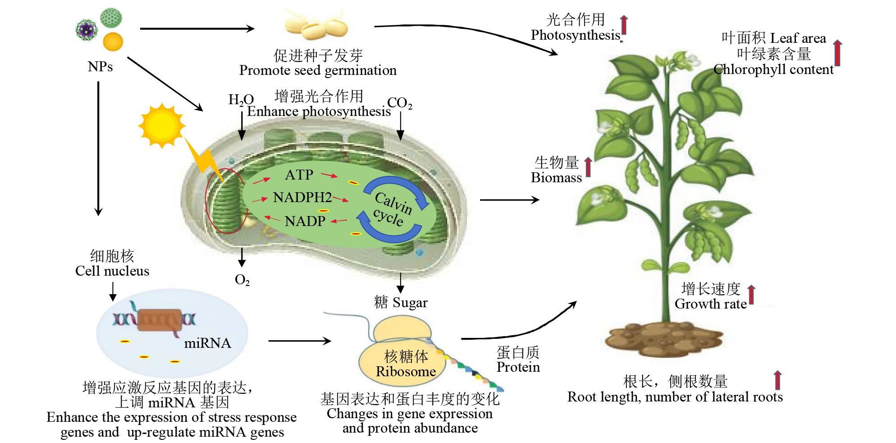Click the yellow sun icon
coord(161,125)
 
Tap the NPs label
coord(100,67)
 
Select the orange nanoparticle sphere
coord(113,42)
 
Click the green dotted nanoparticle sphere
coord(111,18)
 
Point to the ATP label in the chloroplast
coord(299,175)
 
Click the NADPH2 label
coord(302,197)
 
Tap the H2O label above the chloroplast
coord(241,100)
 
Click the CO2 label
coord(399,103)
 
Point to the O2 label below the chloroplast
coord(242,280)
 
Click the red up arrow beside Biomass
coord(588,167)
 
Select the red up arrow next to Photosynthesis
coord(624,25)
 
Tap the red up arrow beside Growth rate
coord(751,295)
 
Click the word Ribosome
coord(406,371)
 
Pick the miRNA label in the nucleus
coord(207,343)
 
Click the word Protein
coord(518,367)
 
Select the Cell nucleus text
coord(112,271)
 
